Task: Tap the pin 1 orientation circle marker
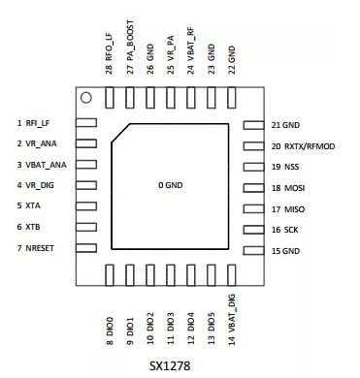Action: coord(86,98)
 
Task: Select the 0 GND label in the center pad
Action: coord(171,185)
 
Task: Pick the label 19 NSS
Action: coord(286,167)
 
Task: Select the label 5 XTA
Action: coord(29,206)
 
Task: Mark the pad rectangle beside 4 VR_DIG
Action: coord(86,185)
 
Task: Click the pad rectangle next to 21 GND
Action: coord(253,125)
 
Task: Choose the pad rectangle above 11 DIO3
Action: coord(171,273)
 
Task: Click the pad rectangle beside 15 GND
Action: coord(253,251)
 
